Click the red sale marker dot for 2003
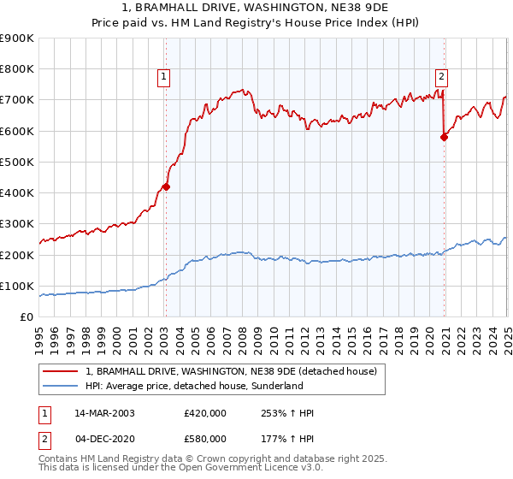167,186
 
